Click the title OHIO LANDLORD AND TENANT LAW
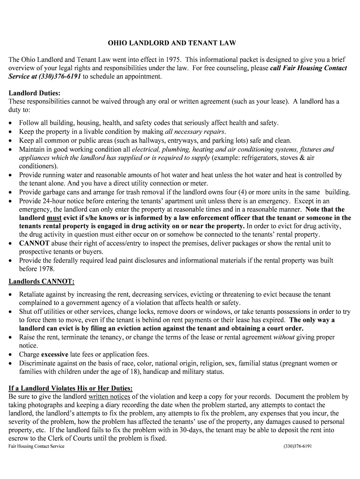click(x=172, y=43)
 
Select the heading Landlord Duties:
click(x=34, y=93)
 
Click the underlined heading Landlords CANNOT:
click(x=41, y=282)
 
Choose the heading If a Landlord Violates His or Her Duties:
click(x=71, y=388)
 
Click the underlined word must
click(x=54, y=218)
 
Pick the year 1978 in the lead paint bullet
click(x=47, y=269)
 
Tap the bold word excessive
click(x=55, y=355)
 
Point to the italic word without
click(x=284, y=337)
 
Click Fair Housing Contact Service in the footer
click(x=36, y=446)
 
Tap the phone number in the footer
click(x=297, y=446)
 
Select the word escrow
click(x=19, y=439)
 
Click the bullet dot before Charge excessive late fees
click(x=11, y=355)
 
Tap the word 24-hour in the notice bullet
click(x=55, y=201)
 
